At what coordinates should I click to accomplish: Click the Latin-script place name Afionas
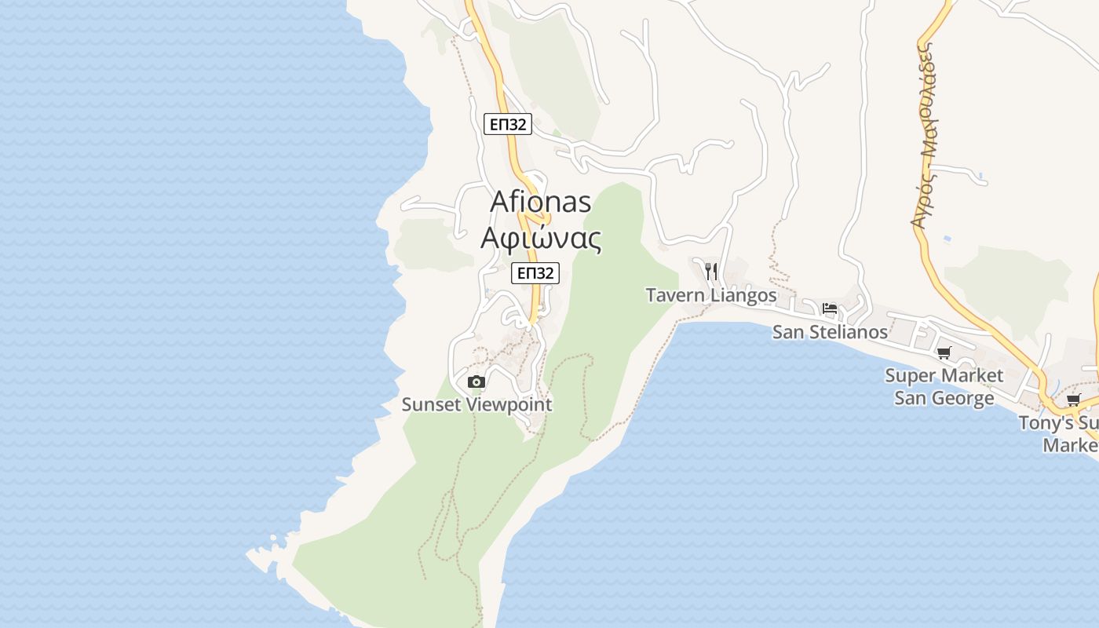(x=540, y=201)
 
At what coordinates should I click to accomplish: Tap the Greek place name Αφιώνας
(x=541, y=238)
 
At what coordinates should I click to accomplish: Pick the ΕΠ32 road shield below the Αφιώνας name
(x=535, y=273)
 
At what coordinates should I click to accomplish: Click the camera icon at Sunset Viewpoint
(x=476, y=382)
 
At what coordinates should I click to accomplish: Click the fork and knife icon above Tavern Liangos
(x=711, y=272)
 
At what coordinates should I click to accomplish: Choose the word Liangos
(x=743, y=296)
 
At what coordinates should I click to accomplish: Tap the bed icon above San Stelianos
(x=830, y=309)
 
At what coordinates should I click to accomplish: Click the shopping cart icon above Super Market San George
(x=944, y=353)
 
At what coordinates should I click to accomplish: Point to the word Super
(x=910, y=375)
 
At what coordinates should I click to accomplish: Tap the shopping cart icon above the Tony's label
(x=1073, y=400)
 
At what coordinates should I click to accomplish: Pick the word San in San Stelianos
(x=789, y=332)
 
